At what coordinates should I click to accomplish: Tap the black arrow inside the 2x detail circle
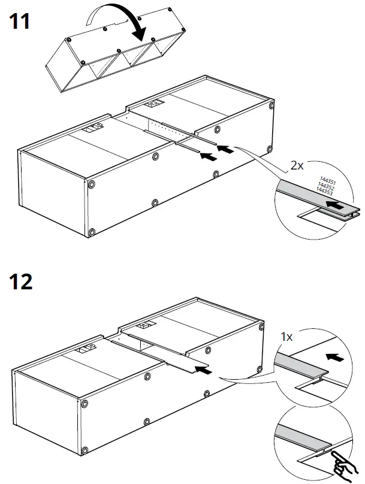(x=336, y=205)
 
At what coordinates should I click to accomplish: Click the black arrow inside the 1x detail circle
(x=337, y=358)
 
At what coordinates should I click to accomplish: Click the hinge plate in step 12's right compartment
(x=146, y=327)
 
